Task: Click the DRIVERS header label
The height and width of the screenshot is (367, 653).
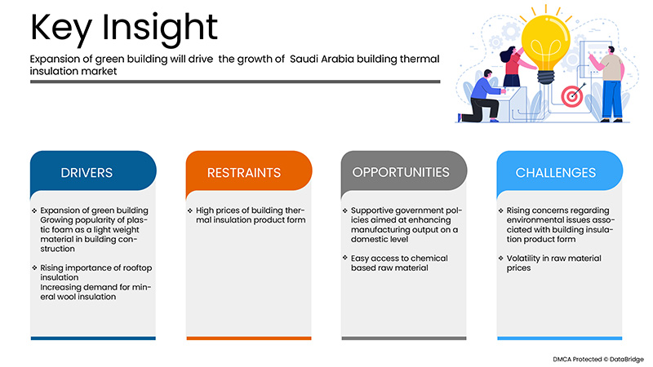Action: [87, 173]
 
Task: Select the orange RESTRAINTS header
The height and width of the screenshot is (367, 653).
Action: [244, 173]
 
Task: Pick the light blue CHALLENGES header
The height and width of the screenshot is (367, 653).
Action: [556, 173]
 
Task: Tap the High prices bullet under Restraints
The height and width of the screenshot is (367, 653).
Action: [245, 216]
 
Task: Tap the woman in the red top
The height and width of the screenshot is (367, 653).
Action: [512, 69]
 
